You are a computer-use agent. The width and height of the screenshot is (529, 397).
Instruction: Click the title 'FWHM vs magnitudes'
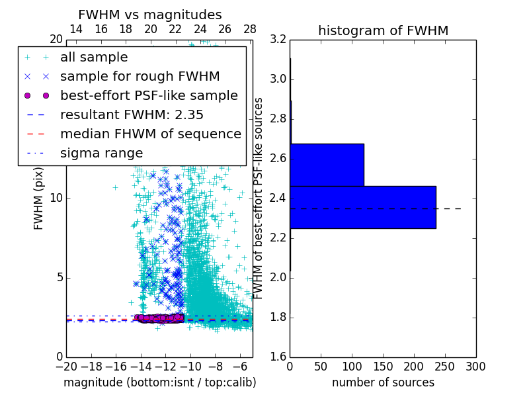(150, 15)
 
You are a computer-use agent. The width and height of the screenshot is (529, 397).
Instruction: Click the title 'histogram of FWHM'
(383, 30)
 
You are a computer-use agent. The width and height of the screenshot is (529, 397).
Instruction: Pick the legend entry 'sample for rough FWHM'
(140, 76)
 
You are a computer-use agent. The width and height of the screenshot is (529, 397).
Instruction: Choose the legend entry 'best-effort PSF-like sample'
(149, 95)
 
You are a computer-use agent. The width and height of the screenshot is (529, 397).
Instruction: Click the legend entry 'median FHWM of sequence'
(150, 134)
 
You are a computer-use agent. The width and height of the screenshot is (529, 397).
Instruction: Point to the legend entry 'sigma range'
(101, 153)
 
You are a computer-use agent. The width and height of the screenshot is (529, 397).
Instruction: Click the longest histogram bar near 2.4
(362, 207)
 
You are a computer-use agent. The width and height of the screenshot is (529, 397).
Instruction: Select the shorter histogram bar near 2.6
(327, 165)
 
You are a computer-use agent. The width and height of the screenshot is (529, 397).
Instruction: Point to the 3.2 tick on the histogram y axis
(278, 40)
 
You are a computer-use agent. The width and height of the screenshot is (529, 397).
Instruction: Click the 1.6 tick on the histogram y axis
(278, 357)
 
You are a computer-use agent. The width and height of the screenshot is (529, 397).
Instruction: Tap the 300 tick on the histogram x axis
(475, 366)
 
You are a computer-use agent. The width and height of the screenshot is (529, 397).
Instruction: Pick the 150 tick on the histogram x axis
(383, 366)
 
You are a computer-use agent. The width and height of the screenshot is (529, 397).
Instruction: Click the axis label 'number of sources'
(383, 382)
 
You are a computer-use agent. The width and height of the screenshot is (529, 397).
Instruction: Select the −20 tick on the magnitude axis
(66, 366)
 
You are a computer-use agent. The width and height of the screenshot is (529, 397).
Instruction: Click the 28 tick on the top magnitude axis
(250, 29)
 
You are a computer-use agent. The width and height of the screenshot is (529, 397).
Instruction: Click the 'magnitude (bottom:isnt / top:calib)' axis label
(159, 382)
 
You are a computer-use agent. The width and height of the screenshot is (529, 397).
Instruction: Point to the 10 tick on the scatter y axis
(56, 198)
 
